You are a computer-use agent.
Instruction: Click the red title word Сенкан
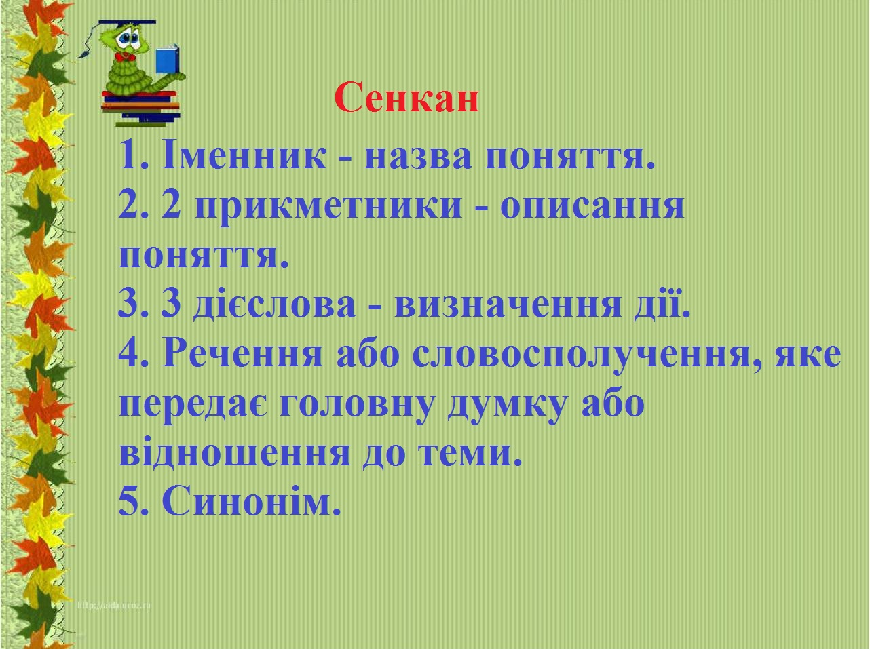click(x=406, y=98)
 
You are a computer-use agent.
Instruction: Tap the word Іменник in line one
click(x=244, y=155)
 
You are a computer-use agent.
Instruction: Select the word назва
click(x=418, y=159)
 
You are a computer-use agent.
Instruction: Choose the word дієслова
click(x=274, y=304)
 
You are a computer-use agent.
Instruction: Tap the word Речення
click(x=242, y=353)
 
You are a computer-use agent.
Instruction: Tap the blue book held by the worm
click(x=167, y=60)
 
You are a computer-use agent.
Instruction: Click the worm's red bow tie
click(x=125, y=57)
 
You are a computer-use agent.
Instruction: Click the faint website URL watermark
click(x=114, y=606)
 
